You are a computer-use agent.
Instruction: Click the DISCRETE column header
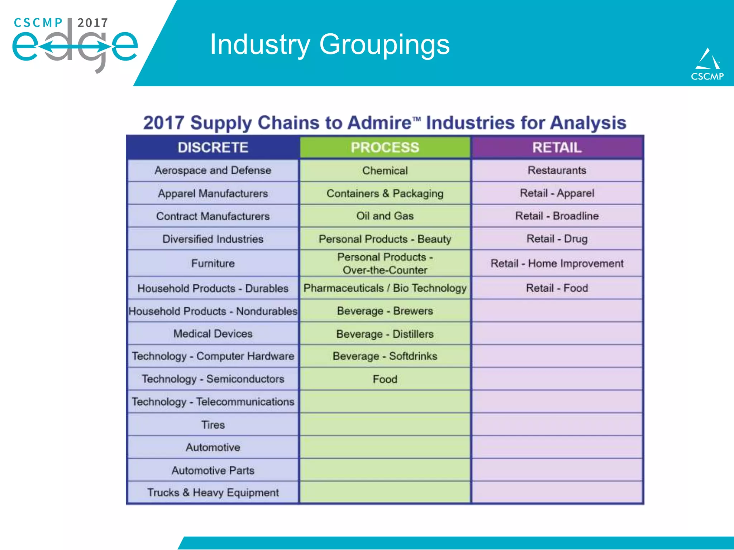[213, 148]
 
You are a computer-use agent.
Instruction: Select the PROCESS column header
[385, 148]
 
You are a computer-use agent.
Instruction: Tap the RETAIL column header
[557, 148]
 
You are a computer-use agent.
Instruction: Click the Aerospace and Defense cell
[213, 170]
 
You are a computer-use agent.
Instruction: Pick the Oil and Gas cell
[385, 216]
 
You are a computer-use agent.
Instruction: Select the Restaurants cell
[557, 170]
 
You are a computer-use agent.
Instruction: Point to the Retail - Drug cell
[557, 239]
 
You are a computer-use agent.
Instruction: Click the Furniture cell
[213, 264]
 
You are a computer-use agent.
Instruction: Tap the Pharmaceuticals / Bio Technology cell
[385, 288]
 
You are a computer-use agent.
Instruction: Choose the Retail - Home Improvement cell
[557, 264]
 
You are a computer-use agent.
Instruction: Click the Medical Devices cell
[213, 334]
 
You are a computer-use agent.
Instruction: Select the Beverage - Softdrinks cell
[385, 356]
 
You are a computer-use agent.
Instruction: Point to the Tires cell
[213, 425]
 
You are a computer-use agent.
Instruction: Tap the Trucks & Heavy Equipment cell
[213, 493]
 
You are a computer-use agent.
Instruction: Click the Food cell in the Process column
[385, 379]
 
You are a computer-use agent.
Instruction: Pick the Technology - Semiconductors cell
[213, 379]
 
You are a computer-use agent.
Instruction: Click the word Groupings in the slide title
[384, 45]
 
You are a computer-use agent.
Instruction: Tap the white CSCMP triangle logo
[707, 59]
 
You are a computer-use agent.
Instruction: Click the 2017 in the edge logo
[92, 23]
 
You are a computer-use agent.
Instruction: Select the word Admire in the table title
[379, 123]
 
